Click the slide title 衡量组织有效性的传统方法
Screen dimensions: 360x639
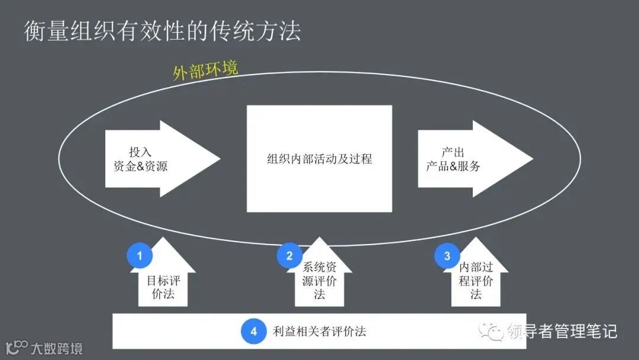(x=162, y=31)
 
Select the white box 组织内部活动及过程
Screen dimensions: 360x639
(x=319, y=159)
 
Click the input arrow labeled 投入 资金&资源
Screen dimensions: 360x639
(x=160, y=159)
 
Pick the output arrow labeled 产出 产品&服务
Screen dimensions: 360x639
(x=473, y=159)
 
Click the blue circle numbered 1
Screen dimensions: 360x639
(x=140, y=256)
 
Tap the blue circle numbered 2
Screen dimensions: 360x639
(x=289, y=256)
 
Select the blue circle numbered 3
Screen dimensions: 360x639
(x=447, y=256)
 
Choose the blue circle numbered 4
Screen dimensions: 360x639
(x=253, y=332)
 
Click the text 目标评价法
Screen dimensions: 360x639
(x=163, y=287)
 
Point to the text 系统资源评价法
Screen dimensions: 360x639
(x=319, y=281)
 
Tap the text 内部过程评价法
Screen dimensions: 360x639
(x=476, y=281)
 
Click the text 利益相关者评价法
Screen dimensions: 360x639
(x=319, y=332)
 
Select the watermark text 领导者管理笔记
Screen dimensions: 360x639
(x=562, y=332)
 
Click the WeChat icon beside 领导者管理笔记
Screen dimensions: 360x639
(x=492, y=332)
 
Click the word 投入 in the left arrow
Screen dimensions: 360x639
(x=140, y=152)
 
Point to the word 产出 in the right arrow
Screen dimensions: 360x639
(x=453, y=152)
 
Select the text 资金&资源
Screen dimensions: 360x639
(x=140, y=166)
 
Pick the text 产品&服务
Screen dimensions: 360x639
(x=453, y=166)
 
